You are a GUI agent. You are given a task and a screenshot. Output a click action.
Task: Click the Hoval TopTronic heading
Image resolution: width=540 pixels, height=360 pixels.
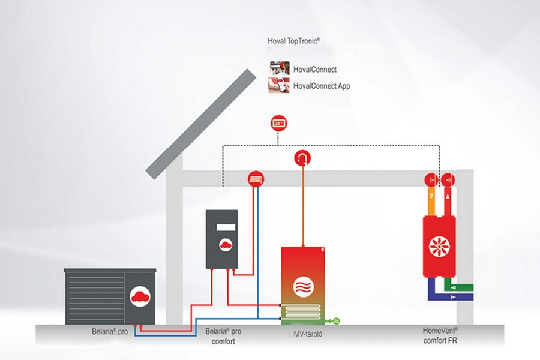(293, 41)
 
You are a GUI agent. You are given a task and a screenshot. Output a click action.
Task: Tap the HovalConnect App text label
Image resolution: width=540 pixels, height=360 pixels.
(322, 86)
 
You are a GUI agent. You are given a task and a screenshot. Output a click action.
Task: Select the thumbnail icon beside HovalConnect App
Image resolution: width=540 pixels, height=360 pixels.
(279, 86)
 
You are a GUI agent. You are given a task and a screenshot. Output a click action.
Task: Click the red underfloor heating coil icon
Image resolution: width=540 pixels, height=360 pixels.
(256, 179)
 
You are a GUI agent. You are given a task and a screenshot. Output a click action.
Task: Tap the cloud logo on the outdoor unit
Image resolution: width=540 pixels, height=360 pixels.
(140, 296)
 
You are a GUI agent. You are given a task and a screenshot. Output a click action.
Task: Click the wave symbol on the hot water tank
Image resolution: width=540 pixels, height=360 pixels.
(302, 287)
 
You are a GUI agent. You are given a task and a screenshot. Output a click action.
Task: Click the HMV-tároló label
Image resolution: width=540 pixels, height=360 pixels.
(306, 334)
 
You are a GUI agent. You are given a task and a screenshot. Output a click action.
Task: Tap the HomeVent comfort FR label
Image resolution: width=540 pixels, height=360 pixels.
(440, 335)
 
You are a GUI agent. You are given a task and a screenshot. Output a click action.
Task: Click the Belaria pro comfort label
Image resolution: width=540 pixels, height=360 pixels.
(223, 336)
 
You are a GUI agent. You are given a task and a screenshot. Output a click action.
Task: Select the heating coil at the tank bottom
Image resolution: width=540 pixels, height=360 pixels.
(302, 312)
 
